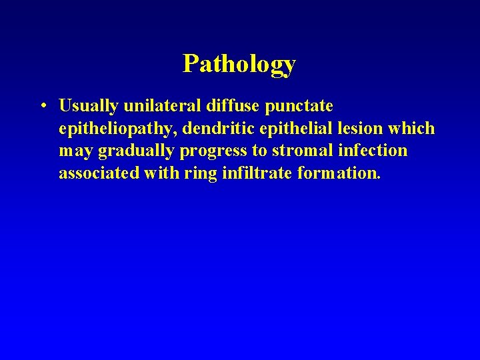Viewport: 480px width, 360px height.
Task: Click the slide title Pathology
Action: pyautogui.click(x=239, y=65)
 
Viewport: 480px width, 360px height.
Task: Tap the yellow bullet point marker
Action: pyautogui.click(x=42, y=107)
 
